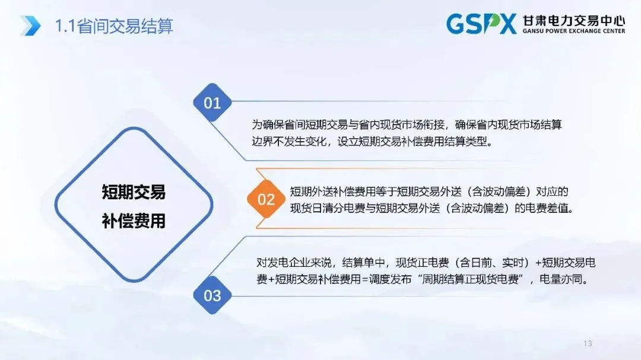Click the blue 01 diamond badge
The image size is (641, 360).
(212, 103)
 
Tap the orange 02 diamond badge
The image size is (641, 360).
(266, 200)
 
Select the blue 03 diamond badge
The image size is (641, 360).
(212, 295)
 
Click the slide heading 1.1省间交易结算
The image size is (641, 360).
(113, 26)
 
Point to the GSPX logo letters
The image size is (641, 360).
(481, 24)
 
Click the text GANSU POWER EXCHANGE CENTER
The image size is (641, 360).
(573, 31)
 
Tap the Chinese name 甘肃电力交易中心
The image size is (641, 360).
(573, 19)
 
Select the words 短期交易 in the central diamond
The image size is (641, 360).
(134, 192)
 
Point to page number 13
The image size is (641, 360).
(588, 343)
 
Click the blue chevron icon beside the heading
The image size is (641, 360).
(30, 26)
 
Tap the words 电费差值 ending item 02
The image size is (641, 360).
(545, 209)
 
